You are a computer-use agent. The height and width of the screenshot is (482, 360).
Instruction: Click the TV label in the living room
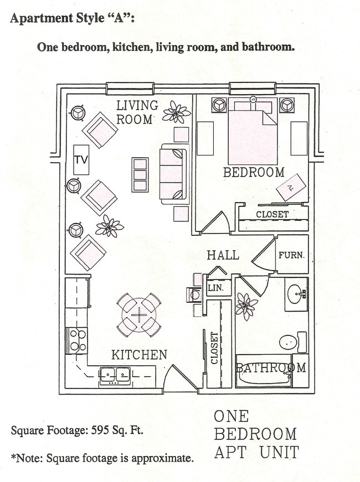(x=81, y=160)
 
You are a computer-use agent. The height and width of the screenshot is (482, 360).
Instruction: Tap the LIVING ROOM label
(x=136, y=112)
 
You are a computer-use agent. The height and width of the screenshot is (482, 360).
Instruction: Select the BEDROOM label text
(x=254, y=173)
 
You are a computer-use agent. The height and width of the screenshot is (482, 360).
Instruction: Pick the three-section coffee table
(x=140, y=174)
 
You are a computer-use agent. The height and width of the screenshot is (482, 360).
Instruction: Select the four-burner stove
(x=77, y=340)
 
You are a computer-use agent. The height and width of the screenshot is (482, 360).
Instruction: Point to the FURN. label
(x=291, y=256)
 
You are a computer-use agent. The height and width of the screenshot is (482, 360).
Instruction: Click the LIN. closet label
(x=214, y=288)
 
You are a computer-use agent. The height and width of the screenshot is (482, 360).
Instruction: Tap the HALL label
(x=223, y=255)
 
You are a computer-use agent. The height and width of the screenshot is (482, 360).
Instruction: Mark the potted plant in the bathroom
(x=246, y=305)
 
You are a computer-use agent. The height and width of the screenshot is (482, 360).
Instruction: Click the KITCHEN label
(x=139, y=355)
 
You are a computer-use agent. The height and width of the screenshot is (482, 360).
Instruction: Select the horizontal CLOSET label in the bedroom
(x=272, y=214)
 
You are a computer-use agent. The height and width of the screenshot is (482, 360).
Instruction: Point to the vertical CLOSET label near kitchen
(x=214, y=348)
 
